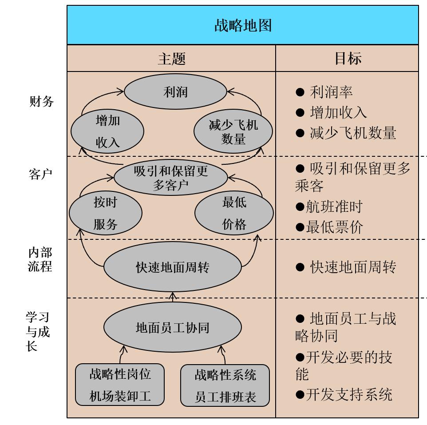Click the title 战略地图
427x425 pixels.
pyautogui.click(x=242, y=25)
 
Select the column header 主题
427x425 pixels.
pyautogui.click(x=171, y=58)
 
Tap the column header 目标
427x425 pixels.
pyautogui.click(x=348, y=58)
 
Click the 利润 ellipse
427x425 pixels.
pyautogui.click(x=175, y=92)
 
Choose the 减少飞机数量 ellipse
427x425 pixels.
pyautogui.click(x=233, y=131)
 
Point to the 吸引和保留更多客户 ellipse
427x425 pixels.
pyautogui.click(x=171, y=178)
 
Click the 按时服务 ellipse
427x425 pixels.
pyautogui.click(x=106, y=214)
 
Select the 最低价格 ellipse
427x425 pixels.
pyautogui.click(x=234, y=214)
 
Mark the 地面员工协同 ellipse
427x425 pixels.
pyautogui.click(x=172, y=328)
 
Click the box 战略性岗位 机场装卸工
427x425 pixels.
pyautogui.click(x=120, y=385)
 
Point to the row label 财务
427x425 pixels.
pyautogui.click(x=41, y=102)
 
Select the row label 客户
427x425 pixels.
pyautogui.click(x=40, y=174)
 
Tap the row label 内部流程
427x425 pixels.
pyautogui.click(x=40, y=259)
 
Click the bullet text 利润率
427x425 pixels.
pyautogui.click(x=331, y=92)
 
